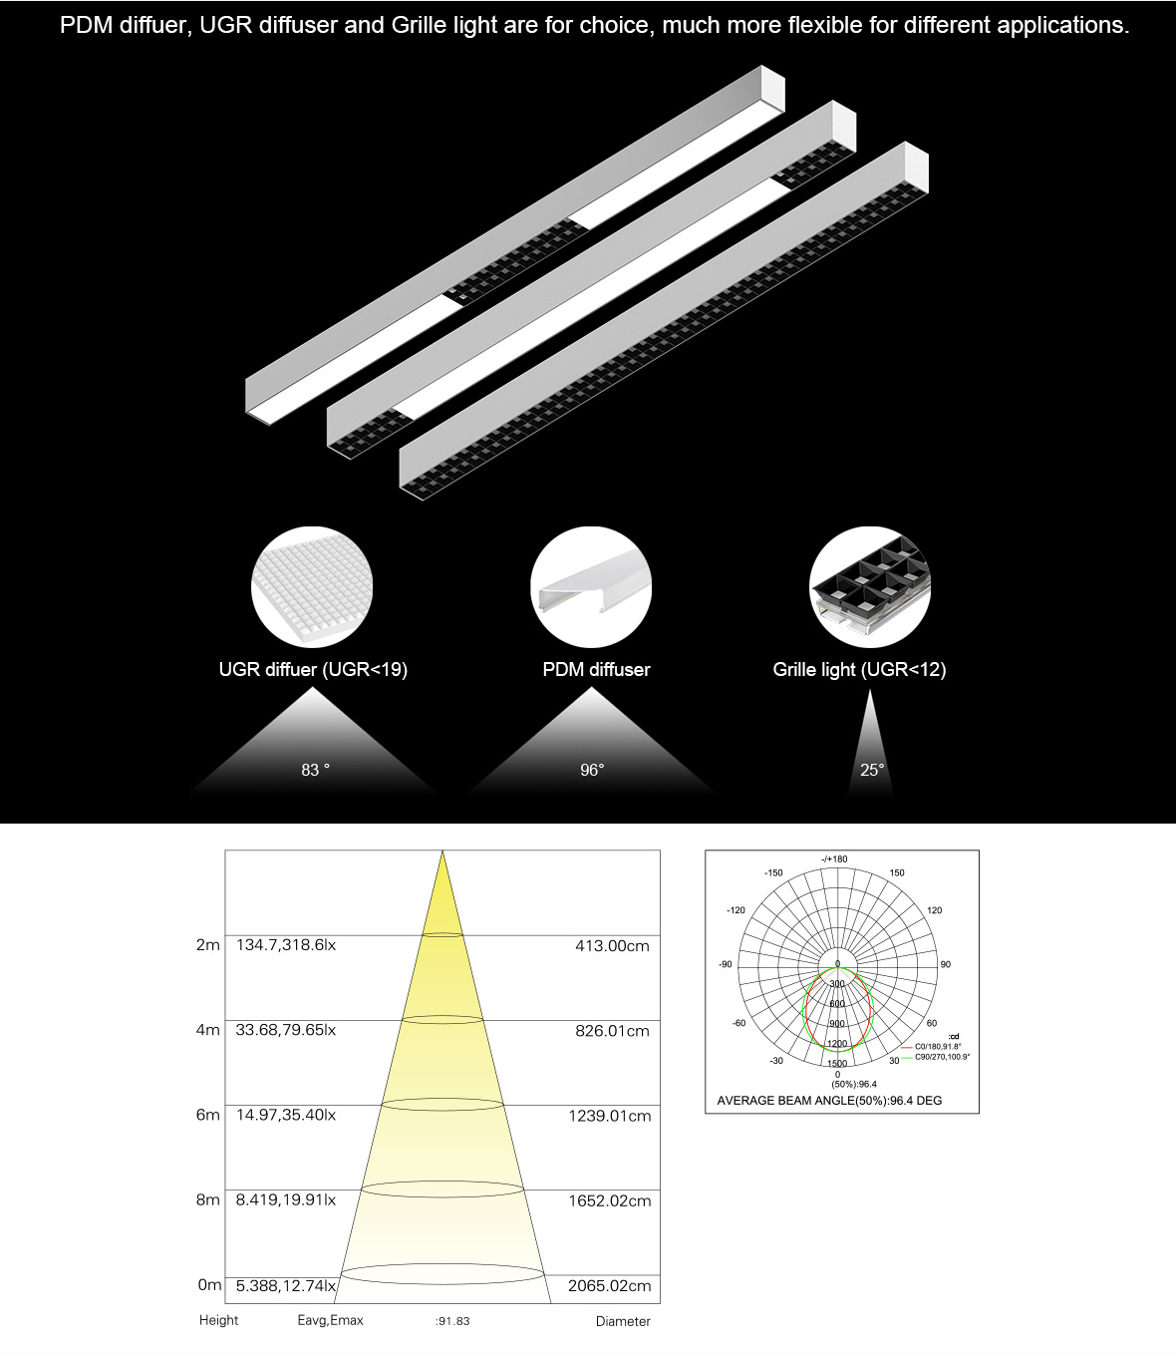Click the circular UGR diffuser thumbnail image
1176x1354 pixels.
click(x=312, y=587)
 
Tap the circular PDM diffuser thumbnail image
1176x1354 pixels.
click(x=591, y=587)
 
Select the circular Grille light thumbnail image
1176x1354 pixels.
click(x=870, y=587)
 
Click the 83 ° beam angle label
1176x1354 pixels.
click(x=315, y=770)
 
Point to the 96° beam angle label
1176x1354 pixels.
click(x=592, y=770)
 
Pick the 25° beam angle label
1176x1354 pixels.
click(x=872, y=770)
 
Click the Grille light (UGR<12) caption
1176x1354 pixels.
click(x=859, y=670)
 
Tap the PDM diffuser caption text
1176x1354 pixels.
click(x=596, y=670)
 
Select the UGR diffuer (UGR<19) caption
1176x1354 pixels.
click(x=313, y=670)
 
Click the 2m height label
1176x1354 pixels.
click(x=207, y=945)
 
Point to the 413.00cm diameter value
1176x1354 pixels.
click(x=612, y=946)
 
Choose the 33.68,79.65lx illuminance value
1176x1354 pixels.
click(x=286, y=1030)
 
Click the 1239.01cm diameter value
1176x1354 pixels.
click(x=610, y=1116)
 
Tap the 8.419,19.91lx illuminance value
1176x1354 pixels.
click(x=286, y=1200)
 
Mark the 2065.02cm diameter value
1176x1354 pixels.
click(x=610, y=1286)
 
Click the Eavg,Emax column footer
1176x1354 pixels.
click(x=330, y=1320)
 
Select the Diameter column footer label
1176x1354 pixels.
click(x=623, y=1321)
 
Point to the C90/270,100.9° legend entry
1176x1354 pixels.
click(x=942, y=1056)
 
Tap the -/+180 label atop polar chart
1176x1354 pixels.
click(x=834, y=859)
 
